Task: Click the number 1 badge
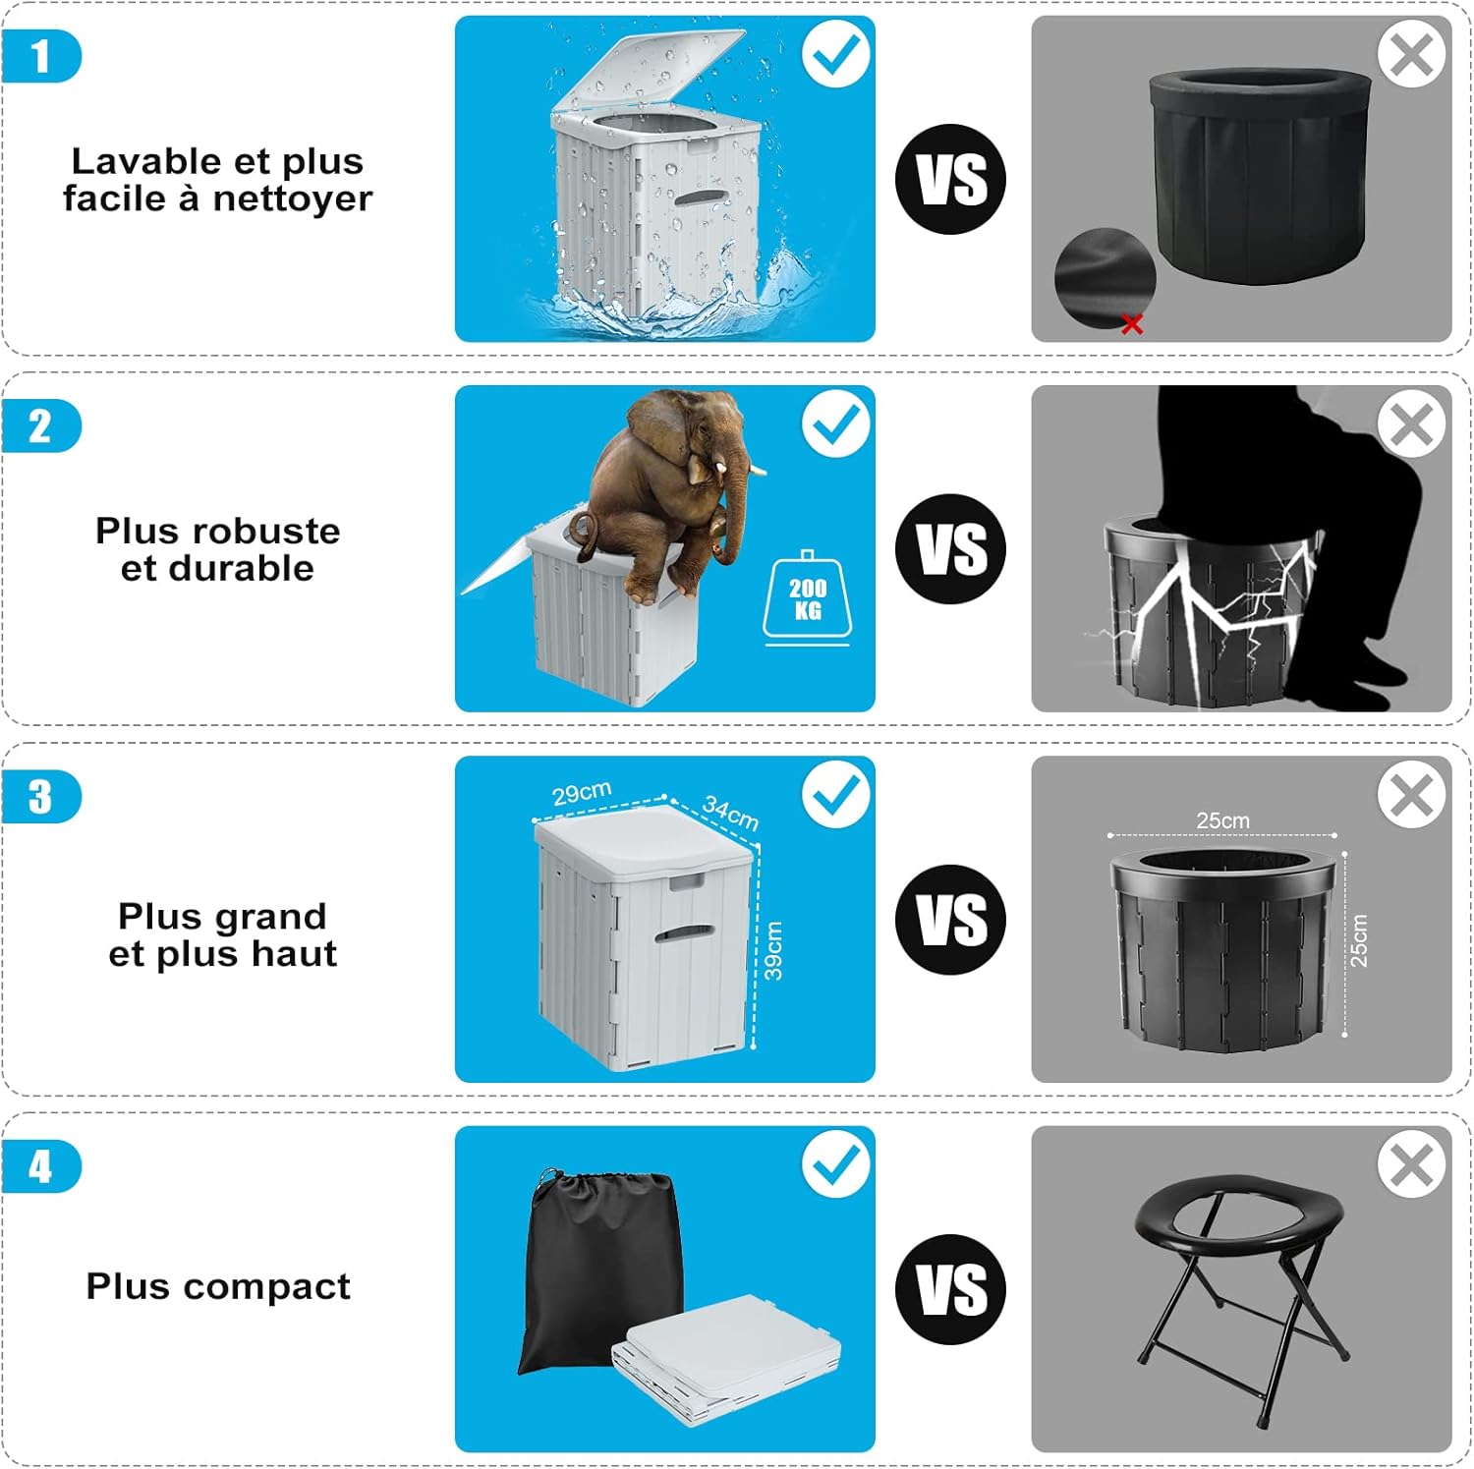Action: (40, 56)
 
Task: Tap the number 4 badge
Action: (40, 1166)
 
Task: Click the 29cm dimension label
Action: (582, 793)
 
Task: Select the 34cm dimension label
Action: (730, 813)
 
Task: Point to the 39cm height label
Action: (774, 951)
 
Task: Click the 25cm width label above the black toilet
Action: (1223, 820)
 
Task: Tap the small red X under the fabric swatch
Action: (1132, 323)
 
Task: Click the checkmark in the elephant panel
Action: (836, 424)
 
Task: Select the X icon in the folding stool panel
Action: (1412, 1166)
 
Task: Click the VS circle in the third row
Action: (951, 920)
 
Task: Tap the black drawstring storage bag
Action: (599, 1271)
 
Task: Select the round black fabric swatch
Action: (1105, 279)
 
